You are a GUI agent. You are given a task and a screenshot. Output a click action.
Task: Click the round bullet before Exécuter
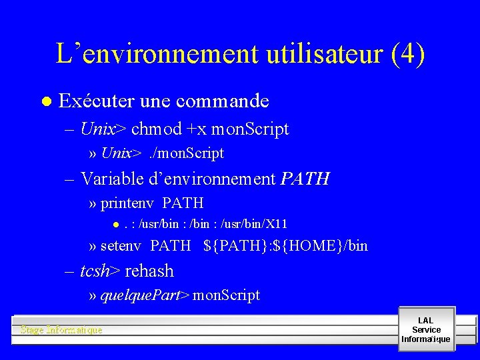45,102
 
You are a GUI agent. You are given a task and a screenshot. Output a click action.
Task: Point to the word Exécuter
97,101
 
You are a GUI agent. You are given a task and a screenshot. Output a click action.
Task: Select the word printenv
129,203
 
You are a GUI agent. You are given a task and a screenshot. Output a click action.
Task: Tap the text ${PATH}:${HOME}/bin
285,246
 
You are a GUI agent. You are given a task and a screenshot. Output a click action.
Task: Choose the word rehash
149,271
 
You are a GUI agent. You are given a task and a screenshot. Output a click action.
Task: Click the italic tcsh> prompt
100,271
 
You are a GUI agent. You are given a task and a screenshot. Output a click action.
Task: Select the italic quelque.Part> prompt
145,295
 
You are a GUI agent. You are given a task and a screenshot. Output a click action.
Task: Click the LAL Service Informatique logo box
426,329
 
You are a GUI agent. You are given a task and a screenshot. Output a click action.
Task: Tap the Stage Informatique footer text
61,330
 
